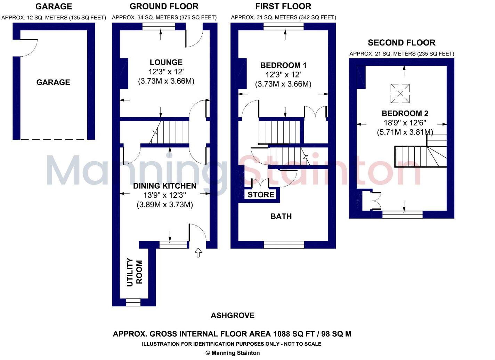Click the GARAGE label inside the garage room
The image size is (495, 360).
click(53, 82)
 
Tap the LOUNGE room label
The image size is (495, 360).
click(166, 63)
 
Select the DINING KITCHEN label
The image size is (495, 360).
click(164, 186)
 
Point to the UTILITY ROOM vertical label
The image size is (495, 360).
click(135, 272)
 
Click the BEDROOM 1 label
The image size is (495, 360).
click(283, 65)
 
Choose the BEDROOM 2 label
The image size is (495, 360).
click(405, 113)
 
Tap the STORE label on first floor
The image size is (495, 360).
click(261, 195)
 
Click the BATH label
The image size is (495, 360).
click(281, 216)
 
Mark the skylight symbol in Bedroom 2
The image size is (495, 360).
click(400, 93)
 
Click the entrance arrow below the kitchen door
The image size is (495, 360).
click(198, 253)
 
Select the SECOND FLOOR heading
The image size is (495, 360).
click(401, 43)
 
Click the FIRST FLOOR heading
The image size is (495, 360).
click(283, 6)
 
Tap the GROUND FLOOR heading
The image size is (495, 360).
click(164, 6)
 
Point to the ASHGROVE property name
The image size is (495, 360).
click(233, 316)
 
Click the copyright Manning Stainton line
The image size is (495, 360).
click(233, 353)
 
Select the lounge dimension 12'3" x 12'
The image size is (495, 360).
click(166, 72)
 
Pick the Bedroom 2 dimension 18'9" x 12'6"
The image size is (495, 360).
click(405, 123)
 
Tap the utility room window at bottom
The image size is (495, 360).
click(133, 302)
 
